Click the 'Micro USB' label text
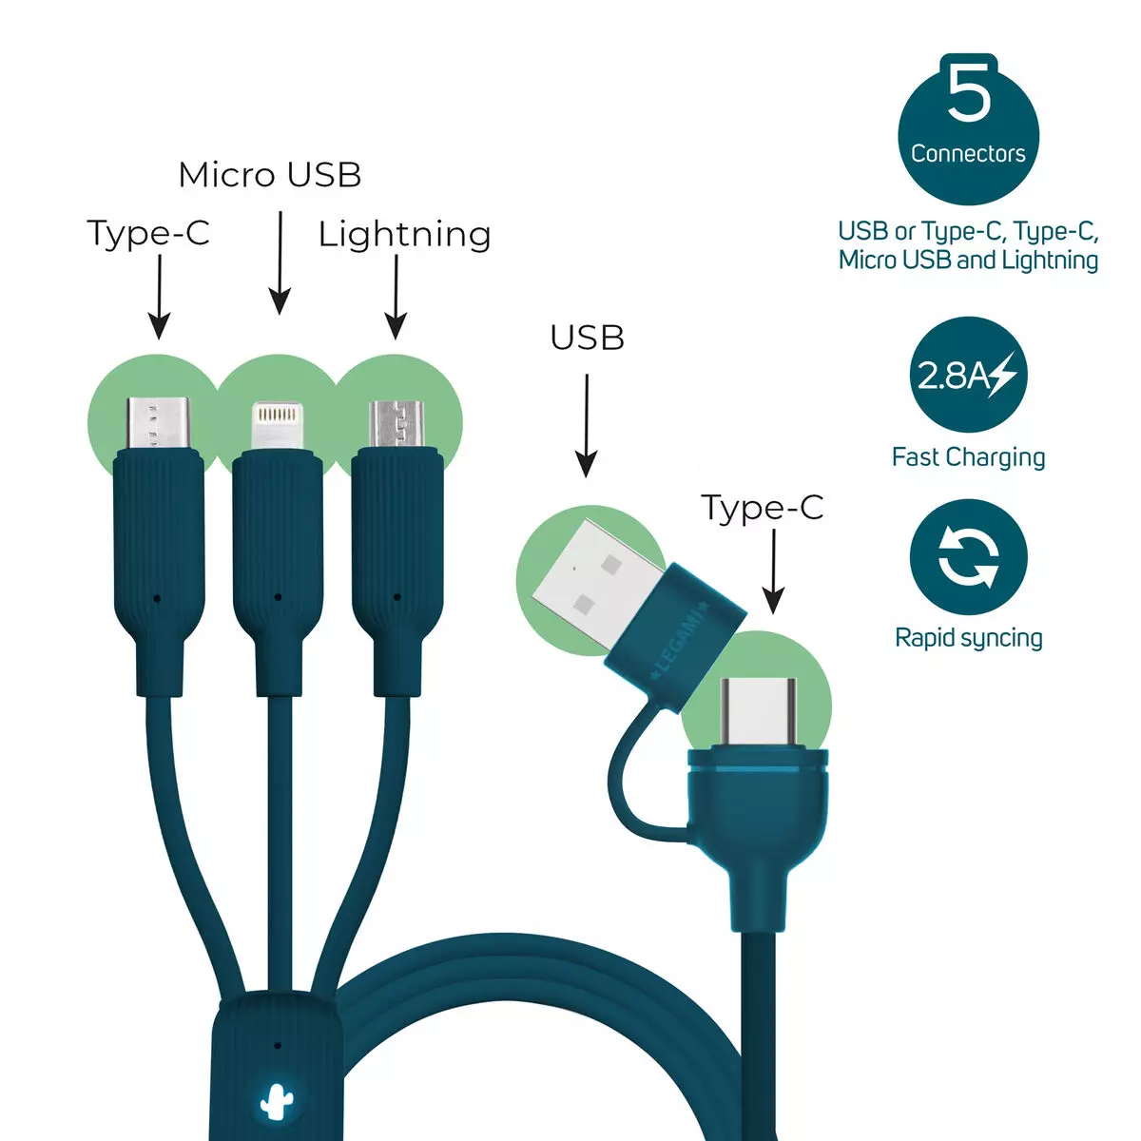pyautogui.click(x=270, y=175)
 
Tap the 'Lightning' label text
pyautogui.click(x=405, y=236)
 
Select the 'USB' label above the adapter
pyautogui.click(x=587, y=338)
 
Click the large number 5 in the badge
pyautogui.click(x=968, y=92)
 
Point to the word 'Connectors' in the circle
pyautogui.click(x=968, y=154)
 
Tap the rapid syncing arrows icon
pyautogui.click(x=968, y=557)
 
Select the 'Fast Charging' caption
pyautogui.click(x=968, y=457)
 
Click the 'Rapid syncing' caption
pyautogui.click(x=968, y=638)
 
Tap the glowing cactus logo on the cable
pyautogui.click(x=274, y=1101)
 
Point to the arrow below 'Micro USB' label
pyautogui.click(x=280, y=262)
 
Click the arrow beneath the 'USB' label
pyautogui.click(x=587, y=426)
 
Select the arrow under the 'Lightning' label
pyautogui.click(x=396, y=298)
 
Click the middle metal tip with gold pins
pyautogui.click(x=277, y=426)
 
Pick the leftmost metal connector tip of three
pyautogui.click(x=159, y=424)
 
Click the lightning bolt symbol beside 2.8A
pyautogui.click(x=1003, y=375)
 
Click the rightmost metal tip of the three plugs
pyautogui.click(x=396, y=425)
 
